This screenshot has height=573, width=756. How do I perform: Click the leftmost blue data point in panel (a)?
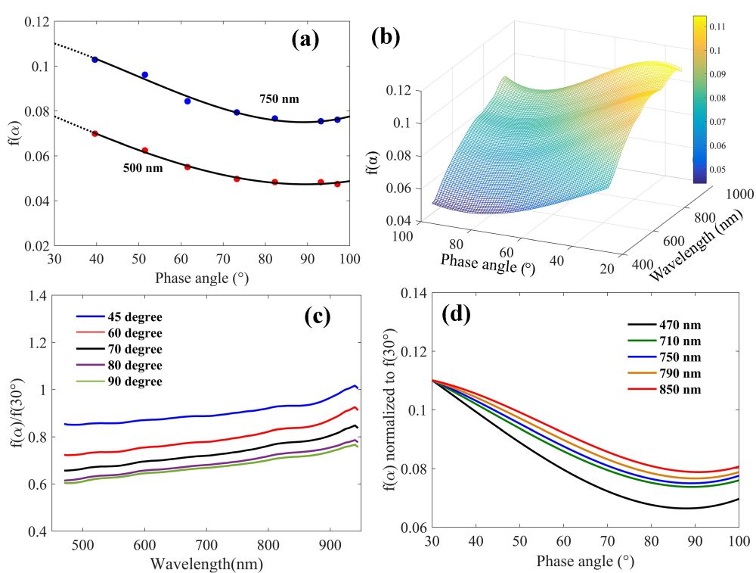point(94,59)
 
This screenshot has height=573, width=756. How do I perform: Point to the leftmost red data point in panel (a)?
point(94,134)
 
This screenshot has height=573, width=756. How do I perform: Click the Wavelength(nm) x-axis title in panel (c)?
point(206,563)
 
